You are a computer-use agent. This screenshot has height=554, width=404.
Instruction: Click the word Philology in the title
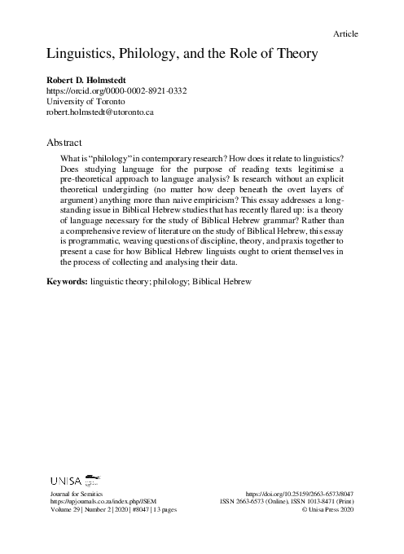point(150,55)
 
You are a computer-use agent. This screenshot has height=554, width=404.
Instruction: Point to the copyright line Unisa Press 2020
point(330,510)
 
